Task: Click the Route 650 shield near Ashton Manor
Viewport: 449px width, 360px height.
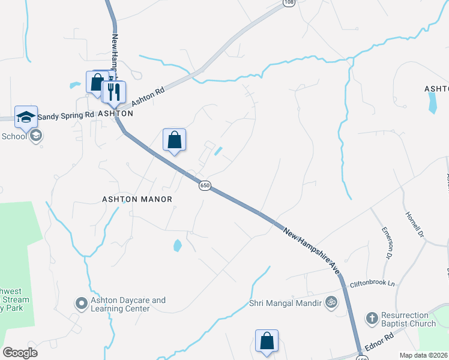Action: [x=205, y=186]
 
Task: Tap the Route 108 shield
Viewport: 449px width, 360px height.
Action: [x=289, y=3]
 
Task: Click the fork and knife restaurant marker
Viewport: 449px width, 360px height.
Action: [x=114, y=92]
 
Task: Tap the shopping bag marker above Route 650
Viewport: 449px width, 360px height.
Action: [x=174, y=140]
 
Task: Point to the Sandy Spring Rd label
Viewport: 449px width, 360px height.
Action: [x=66, y=115]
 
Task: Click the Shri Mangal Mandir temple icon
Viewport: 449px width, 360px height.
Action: [x=331, y=303]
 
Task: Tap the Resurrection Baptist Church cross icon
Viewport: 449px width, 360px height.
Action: [x=372, y=317]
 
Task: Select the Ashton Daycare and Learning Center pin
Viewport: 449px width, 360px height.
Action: [x=81, y=304]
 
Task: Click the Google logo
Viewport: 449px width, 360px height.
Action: [x=20, y=352]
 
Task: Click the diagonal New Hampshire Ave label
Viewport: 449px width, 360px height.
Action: [x=312, y=251]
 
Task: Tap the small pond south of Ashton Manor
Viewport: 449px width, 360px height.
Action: [x=177, y=245]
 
